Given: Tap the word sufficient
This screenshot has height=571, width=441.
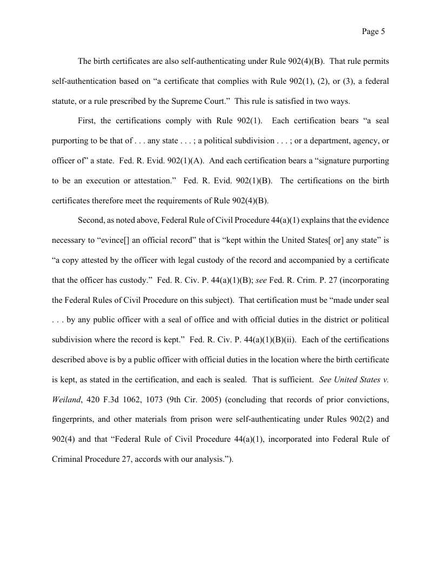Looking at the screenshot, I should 292,379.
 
